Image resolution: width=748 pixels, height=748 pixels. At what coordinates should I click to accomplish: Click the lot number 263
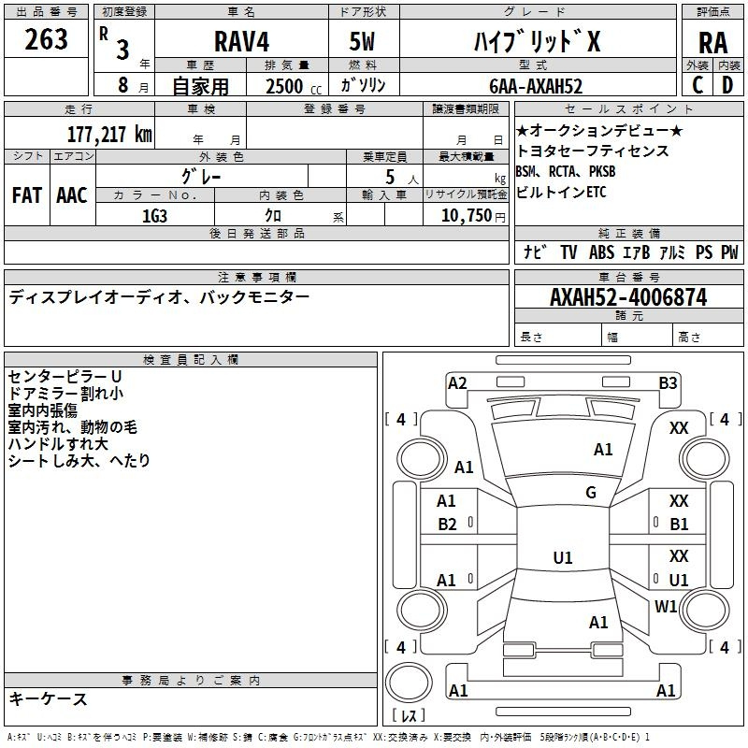[x=46, y=39]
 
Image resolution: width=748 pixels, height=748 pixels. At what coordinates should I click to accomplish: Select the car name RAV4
[x=241, y=41]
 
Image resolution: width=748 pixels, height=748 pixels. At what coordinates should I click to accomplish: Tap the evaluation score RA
[x=712, y=43]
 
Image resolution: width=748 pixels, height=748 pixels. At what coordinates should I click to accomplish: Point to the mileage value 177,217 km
[x=109, y=134]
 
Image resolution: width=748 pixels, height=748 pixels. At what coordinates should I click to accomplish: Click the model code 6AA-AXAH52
[x=536, y=86]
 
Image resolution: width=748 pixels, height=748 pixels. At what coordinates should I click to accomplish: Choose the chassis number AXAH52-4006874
[x=628, y=297]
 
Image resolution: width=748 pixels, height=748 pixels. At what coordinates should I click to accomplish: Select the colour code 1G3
[x=154, y=216]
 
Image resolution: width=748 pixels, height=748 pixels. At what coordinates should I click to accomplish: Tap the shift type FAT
[x=27, y=195]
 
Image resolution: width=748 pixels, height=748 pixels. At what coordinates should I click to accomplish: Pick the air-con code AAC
[x=72, y=195]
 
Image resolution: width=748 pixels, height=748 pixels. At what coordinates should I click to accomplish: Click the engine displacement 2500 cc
[x=294, y=86]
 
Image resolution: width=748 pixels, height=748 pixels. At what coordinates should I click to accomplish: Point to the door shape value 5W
[x=362, y=41]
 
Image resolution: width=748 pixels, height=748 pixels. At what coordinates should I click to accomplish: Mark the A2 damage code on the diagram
[x=457, y=383]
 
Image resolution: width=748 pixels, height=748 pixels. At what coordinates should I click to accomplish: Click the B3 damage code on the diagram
[x=668, y=383]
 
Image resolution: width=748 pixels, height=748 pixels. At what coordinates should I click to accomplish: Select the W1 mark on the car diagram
[x=666, y=606]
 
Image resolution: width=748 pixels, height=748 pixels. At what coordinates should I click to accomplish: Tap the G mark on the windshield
[x=591, y=493]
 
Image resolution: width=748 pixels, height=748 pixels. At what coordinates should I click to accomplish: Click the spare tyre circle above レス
[x=409, y=682]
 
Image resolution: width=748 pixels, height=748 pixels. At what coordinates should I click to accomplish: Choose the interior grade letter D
[x=727, y=85]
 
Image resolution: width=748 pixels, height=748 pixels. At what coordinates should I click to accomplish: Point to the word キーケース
[x=49, y=698]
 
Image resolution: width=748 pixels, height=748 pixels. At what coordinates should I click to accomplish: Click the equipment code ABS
[x=601, y=252]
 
